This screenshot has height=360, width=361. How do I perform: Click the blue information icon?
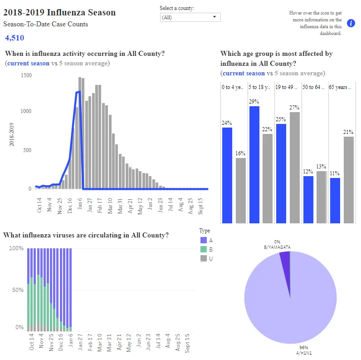pyautogui.click(x=351, y=23)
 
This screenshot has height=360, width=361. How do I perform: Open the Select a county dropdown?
pyautogui.click(x=190, y=17)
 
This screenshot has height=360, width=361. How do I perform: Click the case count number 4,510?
pyautogui.click(x=15, y=38)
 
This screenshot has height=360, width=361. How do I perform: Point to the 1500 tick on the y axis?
pyautogui.click(x=26, y=75)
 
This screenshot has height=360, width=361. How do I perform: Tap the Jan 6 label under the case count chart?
pyautogui.click(x=80, y=203)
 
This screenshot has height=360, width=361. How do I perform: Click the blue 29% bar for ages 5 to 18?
pyautogui.click(x=254, y=165)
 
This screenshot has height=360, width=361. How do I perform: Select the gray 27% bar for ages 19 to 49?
pyautogui.click(x=295, y=168)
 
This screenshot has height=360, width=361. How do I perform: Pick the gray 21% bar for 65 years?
pyautogui.click(x=349, y=180)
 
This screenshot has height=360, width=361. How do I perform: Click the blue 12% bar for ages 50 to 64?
pyautogui.click(x=308, y=200)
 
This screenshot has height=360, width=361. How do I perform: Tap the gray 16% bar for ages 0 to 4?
pyautogui.click(x=241, y=191)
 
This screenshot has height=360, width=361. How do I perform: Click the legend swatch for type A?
pyautogui.click(x=204, y=240)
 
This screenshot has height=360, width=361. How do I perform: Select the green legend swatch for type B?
pyautogui.click(x=204, y=249)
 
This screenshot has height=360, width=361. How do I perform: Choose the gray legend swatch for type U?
pyautogui.click(x=204, y=258)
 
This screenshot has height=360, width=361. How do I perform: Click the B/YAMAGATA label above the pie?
pyautogui.click(x=277, y=247)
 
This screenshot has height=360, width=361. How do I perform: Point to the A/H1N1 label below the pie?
pyautogui.click(x=304, y=353)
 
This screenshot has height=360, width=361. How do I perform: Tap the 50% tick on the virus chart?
pyautogui.click(x=18, y=290)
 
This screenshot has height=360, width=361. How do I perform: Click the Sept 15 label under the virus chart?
pyautogui.click(x=187, y=343)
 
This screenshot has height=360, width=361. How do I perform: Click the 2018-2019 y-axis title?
pyautogui.click(x=11, y=134)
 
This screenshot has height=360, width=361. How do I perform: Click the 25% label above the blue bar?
pyautogui.click(x=281, y=119)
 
